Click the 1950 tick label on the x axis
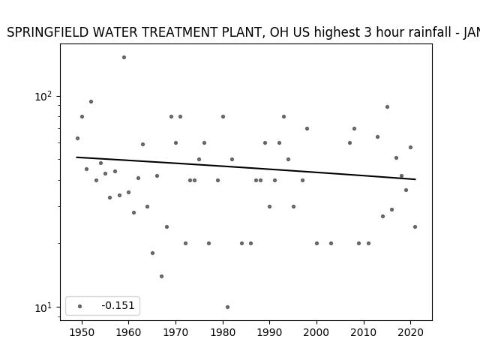click(82, 332)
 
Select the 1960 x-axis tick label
click(128, 332)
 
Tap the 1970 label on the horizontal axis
click(175, 332)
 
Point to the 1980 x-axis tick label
click(223, 332)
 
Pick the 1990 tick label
click(270, 332)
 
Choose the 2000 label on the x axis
click(316, 332)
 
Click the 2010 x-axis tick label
click(364, 332)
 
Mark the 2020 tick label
click(410, 332)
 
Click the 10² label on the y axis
click(43, 97)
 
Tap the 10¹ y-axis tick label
click(43, 307)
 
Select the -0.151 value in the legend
click(118, 305)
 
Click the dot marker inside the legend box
click(80, 306)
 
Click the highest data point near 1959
click(124, 57)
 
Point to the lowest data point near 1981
click(227, 307)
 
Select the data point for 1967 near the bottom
click(162, 277)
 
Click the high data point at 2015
click(387, 106)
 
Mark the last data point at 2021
click(415, 226)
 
